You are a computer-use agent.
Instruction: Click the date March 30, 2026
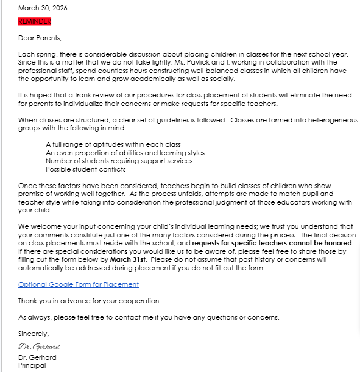pos(43,8)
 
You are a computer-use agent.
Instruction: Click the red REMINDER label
pos(35,21)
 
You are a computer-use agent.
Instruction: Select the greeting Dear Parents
pos(40,38)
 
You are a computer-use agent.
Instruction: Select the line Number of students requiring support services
pos(119,161)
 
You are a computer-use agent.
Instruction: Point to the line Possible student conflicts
pos(85,169)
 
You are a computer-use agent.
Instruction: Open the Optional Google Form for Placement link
pos(79,284)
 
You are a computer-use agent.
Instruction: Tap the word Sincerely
pos(34,334)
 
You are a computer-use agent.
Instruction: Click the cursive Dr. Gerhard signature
pos(39,346)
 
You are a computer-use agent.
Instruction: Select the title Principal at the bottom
pos(32,365)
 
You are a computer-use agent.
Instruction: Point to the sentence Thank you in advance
pos(90,301)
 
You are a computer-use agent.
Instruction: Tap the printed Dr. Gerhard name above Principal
pos(37,357)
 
